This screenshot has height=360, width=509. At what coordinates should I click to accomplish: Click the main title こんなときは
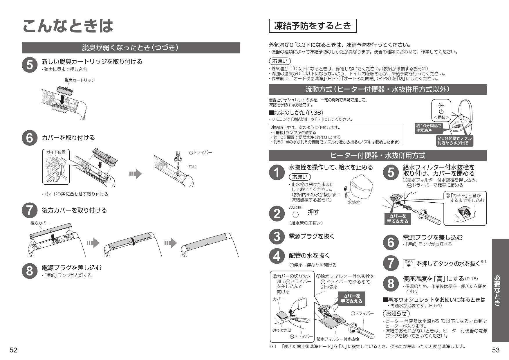tap(68, 26)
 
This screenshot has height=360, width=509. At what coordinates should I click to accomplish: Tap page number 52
tap(13, 350)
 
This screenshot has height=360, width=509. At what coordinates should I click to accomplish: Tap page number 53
tap(496, 350)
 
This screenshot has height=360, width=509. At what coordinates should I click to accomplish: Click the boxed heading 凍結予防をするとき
tap(313, 26)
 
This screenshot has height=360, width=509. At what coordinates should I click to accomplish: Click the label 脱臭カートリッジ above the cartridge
tap(80, 80)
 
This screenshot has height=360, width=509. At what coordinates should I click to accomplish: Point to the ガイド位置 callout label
tap(54, 152)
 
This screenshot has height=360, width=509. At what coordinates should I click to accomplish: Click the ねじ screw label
tap(193, 167)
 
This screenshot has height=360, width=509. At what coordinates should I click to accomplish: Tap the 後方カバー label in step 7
tap(40, 223)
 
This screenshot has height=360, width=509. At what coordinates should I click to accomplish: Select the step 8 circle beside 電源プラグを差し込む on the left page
tap(30, 271)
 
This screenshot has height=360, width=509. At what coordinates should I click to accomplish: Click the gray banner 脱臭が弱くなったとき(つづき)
tap(131, 48)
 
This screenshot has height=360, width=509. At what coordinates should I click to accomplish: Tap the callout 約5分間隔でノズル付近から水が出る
tap(454, 141)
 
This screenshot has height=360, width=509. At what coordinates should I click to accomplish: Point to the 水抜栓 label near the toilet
tap(354, 203)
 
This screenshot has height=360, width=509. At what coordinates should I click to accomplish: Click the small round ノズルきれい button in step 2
tap(295, 215)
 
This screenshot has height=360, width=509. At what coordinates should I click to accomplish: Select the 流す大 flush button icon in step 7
tap(409, 264)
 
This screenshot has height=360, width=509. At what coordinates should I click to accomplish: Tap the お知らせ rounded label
tap(396, 314)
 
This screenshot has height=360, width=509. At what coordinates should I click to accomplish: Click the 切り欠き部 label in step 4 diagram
tap(281, 330)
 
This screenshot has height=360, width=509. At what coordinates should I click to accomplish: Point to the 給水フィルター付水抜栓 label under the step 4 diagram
tap(338, 339)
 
